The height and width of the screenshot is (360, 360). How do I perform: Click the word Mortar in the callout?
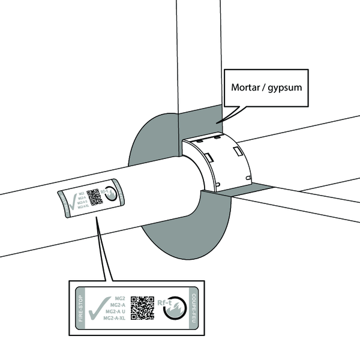tap(247, 87)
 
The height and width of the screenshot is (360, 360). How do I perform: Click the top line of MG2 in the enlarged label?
tap(119, 298)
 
